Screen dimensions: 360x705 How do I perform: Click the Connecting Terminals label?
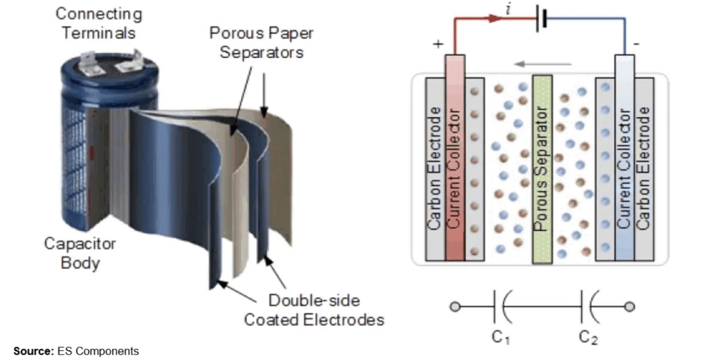pos(98,23)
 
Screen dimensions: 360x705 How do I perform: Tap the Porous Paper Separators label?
pos(261,43)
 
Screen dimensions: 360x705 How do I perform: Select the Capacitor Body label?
pos(80,253)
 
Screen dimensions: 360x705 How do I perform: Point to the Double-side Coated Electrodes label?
pos(314,310)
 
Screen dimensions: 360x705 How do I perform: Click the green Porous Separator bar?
pos(542,169)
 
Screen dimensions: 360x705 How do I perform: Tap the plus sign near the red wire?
pos(438,44)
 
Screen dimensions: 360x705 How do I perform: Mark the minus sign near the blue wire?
pos(636,44)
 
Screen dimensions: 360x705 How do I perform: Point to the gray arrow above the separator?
pos(543,64)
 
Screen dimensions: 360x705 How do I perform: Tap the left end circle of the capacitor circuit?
pos(455,307)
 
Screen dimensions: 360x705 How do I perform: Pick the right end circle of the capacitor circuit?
pos(630,307)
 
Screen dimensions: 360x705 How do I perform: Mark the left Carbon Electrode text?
pos(435,169)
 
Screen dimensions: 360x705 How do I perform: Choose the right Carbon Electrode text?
pos(644,169)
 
